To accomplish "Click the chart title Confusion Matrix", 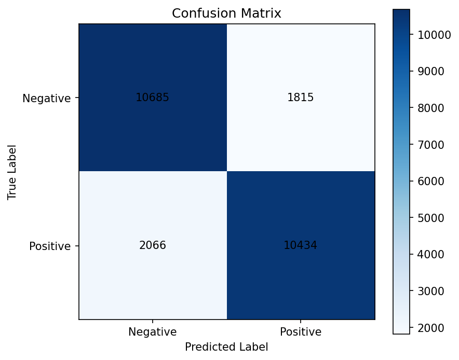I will (x=226, y=14).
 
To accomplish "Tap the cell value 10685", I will (x=152, y=98).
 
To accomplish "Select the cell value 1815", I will (x=300, y=98).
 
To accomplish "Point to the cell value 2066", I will (x=152, y=245).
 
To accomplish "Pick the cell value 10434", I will (x=300, y=245).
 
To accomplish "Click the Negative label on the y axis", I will (x=46, y=98).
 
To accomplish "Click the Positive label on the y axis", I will (x=49, y=246).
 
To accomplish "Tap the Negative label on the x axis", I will (x=153, y=331).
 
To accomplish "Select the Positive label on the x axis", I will (x=301, y=331).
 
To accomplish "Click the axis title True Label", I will (x=12, y=172).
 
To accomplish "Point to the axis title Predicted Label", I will (x=226, y=347).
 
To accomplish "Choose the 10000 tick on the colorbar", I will (x=427, y=35).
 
